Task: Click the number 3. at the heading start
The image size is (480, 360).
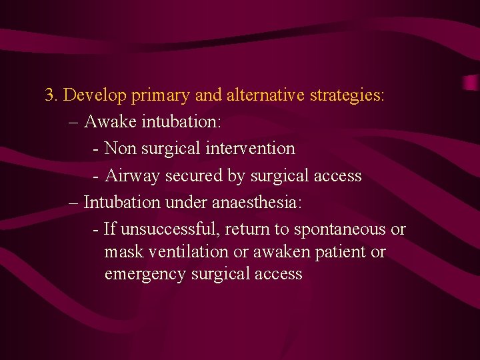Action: coord(52,95)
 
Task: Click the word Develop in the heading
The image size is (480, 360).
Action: coord(95,96)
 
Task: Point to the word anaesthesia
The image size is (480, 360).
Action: coord(261,201)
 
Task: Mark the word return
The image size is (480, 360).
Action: coord(247,229)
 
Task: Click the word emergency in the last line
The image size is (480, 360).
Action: coord(145,275)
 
